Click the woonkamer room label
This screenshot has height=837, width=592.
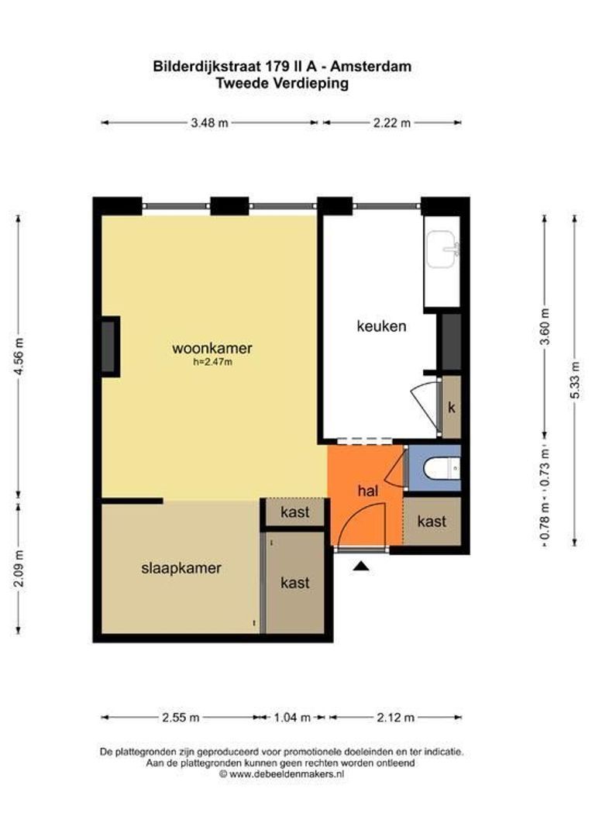pos(212,348)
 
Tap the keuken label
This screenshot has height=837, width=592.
pos(380,326)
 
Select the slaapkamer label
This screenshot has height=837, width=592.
pos(181,568)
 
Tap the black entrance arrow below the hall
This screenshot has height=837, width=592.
pos(360,567)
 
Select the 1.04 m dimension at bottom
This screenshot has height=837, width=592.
pos(294,718)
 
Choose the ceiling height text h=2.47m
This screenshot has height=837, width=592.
pos(212,361)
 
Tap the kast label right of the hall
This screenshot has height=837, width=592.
pos(432,522)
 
